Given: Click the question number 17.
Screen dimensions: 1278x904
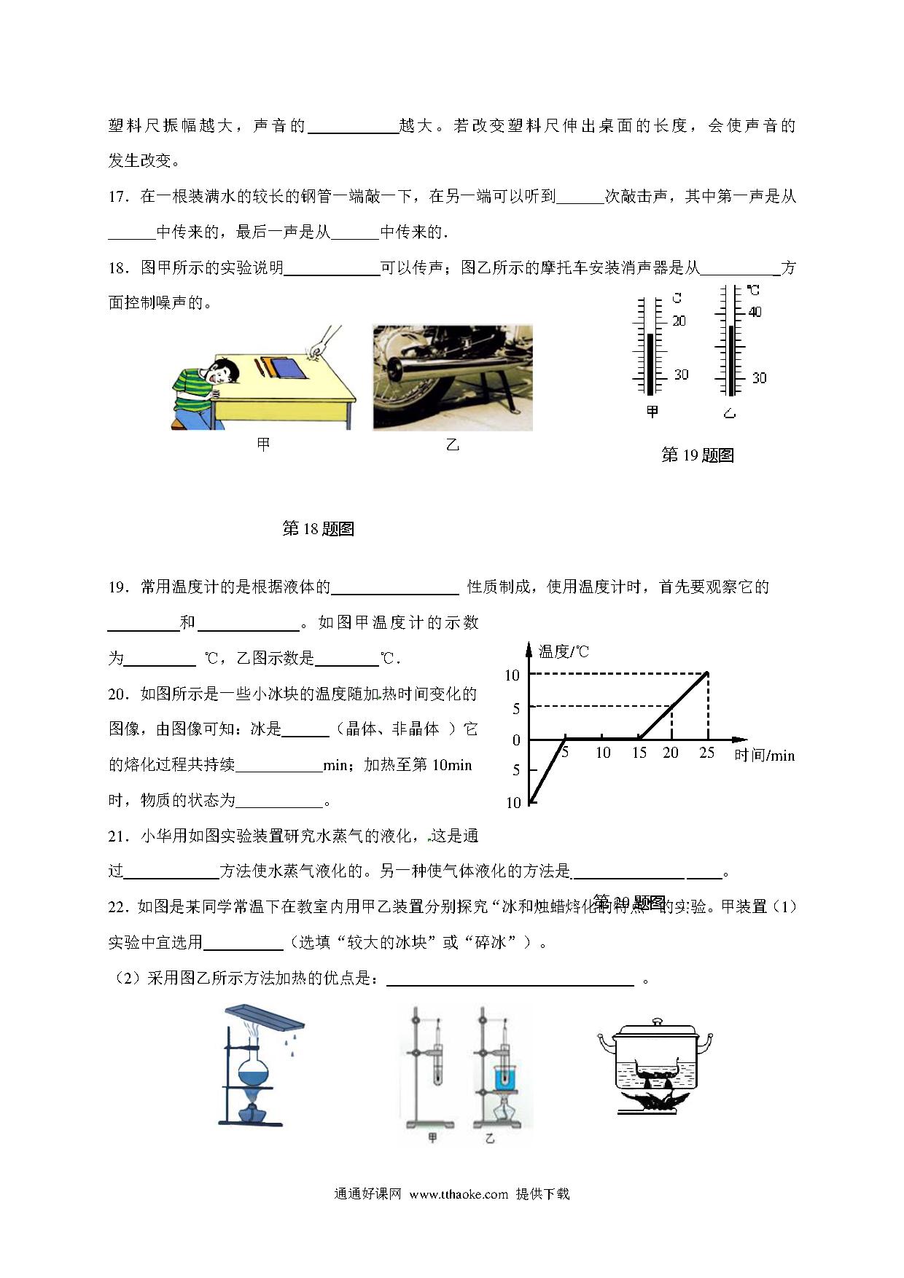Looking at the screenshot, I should (x=117, y=197).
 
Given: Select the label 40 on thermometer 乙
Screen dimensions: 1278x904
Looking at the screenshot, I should (x=755, y=312).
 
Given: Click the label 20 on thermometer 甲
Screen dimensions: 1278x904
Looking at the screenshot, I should (x=679, y=321).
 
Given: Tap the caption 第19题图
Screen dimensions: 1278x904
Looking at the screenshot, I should (x=697, y=455).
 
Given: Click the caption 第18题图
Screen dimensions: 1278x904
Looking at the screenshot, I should (x=318, y=528).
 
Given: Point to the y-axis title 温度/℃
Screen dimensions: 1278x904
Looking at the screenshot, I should (x=564, y=651).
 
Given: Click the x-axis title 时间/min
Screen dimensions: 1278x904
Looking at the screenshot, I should (x=764, y=756).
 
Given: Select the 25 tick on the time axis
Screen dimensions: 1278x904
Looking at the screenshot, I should (x=706, y=753).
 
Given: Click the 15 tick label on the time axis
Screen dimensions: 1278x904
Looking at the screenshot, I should (x=639, y=753).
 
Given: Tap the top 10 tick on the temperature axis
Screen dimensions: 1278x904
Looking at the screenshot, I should (x=513, y=675).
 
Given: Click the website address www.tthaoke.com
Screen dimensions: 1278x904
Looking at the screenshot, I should (x=459, y=1194).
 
